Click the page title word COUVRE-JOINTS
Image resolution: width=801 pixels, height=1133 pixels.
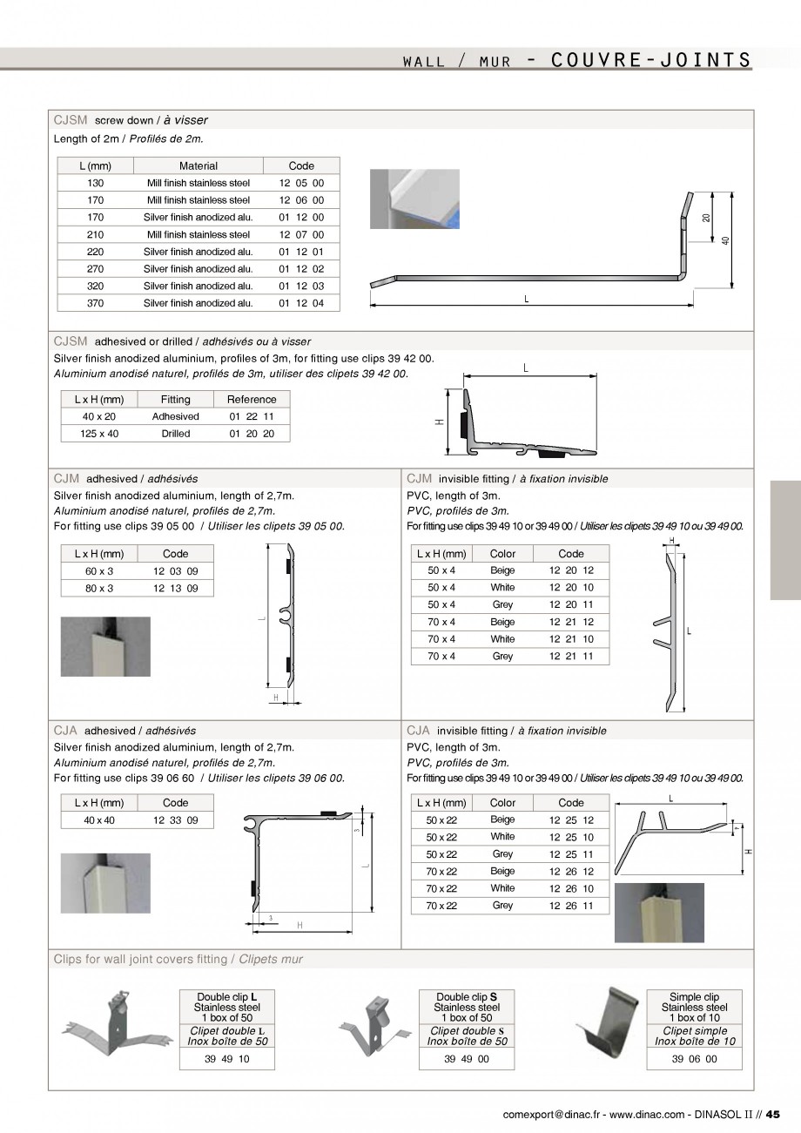click(651, 59)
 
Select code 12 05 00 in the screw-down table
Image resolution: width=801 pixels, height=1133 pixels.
click(301, 183)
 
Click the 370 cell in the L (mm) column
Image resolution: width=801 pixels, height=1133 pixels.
click(96, 303)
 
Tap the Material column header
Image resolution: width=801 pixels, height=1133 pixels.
click(199, 165)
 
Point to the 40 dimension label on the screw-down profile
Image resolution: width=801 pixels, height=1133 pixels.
click(725, 240)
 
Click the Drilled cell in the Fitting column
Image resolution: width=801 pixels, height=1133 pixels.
click(175, 434)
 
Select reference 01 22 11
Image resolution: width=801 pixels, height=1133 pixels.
click(252, 416)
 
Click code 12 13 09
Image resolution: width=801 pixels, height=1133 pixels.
click(175, 588)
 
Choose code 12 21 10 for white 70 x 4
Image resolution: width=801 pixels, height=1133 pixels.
click(571, 639)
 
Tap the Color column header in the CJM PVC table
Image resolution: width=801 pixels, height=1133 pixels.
click(502, 553)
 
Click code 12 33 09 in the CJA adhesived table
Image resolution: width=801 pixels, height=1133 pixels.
click(175, 820)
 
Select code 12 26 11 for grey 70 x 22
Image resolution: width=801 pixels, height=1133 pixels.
click(571, 906)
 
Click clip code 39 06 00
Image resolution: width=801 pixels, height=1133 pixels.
click(694, 1059)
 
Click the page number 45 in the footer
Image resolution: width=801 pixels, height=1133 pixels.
click(774, 1113)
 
